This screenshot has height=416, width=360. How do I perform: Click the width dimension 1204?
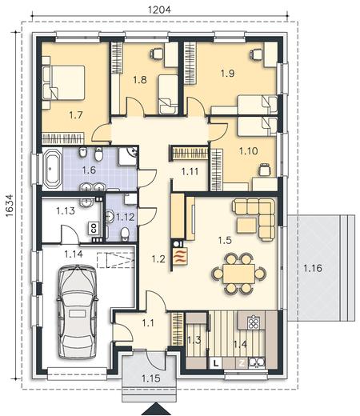pos(159,10)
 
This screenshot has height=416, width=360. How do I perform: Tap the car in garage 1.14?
pos(77,311)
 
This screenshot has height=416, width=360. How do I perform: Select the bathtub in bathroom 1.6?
pos(52,168)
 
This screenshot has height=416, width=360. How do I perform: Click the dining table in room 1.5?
pos(239,274)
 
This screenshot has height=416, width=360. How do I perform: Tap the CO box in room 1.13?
pos(94,228)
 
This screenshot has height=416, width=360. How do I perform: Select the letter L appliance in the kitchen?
pos(217,362)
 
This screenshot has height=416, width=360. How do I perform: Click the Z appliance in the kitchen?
pos(242,362)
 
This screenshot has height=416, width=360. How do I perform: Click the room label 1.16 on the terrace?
pos(313,268)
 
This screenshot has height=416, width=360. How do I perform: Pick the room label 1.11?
pos(190,171)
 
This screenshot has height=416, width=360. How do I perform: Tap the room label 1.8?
pos(140,79)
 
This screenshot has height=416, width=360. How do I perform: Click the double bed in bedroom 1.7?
pos(63,82)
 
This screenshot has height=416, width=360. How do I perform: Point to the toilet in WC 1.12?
pos(124,234)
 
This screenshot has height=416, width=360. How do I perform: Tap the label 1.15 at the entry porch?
pos(151,378)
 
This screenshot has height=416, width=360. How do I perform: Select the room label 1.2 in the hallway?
pos(158,258)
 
